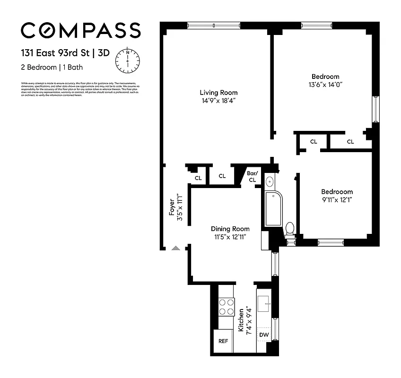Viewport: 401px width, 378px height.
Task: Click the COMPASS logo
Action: pos(80,30)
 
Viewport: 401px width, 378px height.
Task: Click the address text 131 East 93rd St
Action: pos(56,53)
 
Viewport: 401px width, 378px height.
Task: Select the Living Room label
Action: pos(218,93)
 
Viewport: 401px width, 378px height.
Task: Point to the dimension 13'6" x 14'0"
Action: pos(325,85)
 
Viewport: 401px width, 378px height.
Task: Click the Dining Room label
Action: pos(230,229)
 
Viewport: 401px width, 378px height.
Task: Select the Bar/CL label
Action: pos(252,177)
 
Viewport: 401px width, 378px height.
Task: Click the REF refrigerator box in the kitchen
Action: pos(223,341)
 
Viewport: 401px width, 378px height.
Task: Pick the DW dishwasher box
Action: pos(264,335)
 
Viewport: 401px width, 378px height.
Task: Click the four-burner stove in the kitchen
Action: pos(226,307)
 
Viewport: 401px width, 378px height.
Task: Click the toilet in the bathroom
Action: pos(290,229)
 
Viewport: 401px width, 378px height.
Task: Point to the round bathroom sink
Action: pos(270,181)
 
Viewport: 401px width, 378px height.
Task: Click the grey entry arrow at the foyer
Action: pos(176,247)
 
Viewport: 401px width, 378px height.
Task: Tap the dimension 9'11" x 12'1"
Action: pos(337,200)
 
